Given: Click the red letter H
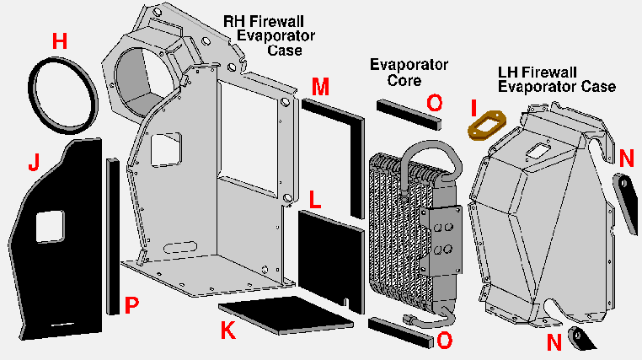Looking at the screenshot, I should (59, 40).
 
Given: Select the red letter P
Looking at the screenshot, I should (131, 305).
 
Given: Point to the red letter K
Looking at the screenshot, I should (227, 331).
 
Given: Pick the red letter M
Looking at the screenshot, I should (320, 86).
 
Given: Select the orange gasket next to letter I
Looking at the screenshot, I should (485, 125).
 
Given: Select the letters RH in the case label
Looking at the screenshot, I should (233, 20).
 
